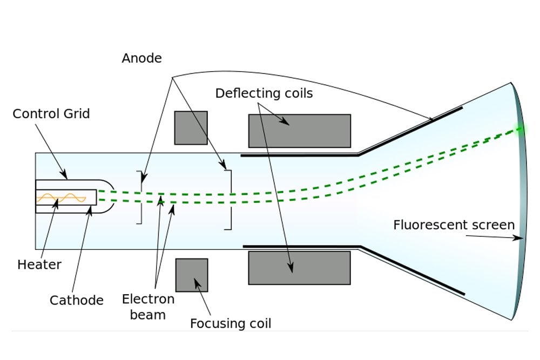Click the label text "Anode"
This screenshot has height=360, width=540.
click(141, 58)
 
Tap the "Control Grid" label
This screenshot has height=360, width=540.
click(51, 114)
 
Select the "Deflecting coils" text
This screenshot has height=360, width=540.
click(264, 93)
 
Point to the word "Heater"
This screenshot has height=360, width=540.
click(39, 265)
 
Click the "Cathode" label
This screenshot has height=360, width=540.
click(76, 300)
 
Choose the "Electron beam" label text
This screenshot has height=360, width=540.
click(148, 307)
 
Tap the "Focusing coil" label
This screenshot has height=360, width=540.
click(231, 324)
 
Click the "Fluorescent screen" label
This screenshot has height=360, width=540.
click(454, 225)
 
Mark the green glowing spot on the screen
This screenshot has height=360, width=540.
click(520, 128)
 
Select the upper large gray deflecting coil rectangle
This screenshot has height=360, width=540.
click(299, 131)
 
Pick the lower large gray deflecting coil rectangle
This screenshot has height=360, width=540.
click(299, 268)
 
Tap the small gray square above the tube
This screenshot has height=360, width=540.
click(191, 128)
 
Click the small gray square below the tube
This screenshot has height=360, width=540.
click(192, 275)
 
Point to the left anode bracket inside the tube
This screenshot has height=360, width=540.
click(141, 197)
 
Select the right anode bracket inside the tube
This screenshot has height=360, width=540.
click(230, 200)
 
